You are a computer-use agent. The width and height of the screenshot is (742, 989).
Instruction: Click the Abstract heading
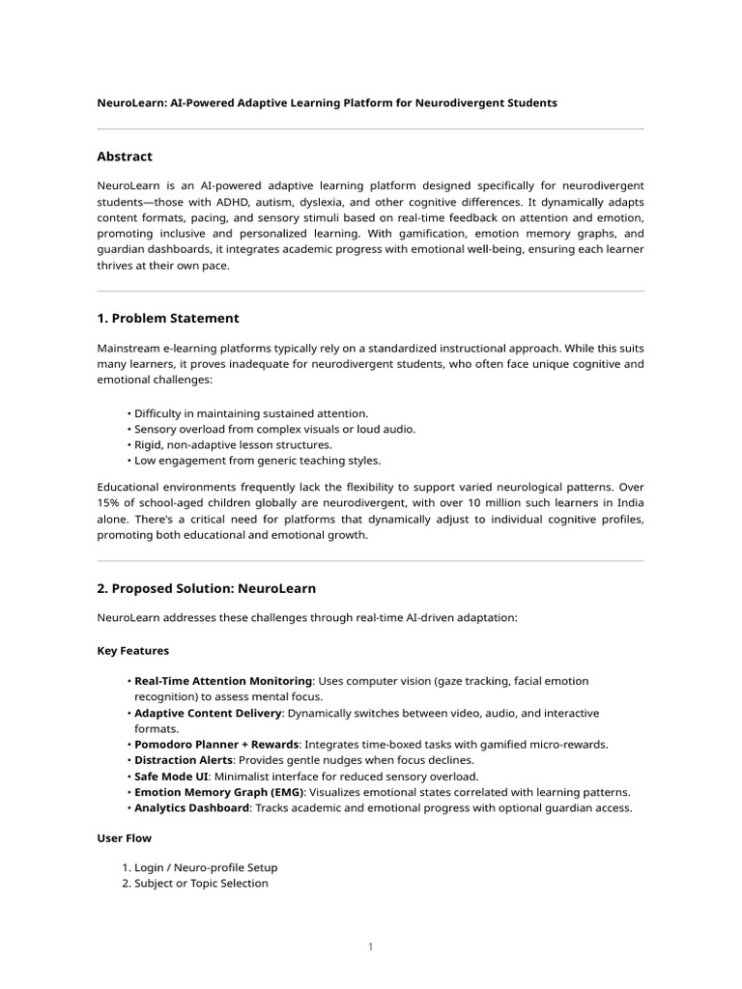click(125, 156)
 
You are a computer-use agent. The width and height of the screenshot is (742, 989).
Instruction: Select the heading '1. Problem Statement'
click(168, 318)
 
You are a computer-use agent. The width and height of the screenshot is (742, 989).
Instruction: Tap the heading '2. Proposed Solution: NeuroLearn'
click(206, 587)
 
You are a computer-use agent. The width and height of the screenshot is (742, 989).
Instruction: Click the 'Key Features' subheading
click(132, 651)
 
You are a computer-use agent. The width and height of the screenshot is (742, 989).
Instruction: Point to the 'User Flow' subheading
click(124, 837)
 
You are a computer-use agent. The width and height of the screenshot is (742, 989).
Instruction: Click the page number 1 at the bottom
click(370, 947)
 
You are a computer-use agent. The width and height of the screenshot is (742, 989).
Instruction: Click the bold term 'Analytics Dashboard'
click(191, 807)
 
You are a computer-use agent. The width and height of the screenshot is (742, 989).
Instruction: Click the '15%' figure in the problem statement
click(109, 504)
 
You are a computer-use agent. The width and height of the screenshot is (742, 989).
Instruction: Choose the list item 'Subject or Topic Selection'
click(201, 883)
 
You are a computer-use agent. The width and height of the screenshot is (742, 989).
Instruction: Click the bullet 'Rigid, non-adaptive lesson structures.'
click(233, 444)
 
